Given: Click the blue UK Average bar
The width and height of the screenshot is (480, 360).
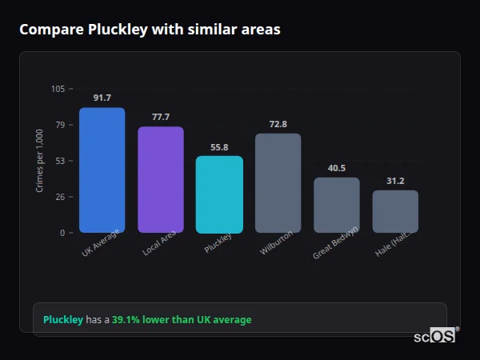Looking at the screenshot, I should (102, 170).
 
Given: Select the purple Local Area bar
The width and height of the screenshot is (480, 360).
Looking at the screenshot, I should (160, 180).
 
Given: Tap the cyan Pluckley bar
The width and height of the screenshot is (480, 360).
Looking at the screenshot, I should (219, 194).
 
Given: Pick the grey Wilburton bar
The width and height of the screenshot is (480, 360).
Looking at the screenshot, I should (278, 183).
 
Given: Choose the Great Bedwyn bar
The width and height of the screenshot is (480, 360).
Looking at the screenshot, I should (337, 205).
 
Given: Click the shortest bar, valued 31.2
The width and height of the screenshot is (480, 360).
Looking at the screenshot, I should (395, 211).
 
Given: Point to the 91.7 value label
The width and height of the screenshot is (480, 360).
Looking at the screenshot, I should (102, 98).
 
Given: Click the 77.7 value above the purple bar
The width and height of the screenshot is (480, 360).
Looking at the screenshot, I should (160, 117).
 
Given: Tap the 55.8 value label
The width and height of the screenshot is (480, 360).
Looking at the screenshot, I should (219, 147).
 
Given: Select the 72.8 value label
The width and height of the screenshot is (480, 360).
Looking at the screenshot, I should (278, 124).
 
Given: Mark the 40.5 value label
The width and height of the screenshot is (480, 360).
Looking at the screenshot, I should (337, 168).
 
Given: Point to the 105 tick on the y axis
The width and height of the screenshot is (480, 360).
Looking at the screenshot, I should (58, 89).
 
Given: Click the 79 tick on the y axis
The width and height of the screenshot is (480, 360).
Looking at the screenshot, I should (60, 125).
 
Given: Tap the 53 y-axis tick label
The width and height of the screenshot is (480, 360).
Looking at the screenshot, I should (60, 161).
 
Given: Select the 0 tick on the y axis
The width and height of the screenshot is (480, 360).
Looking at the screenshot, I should (62, 233).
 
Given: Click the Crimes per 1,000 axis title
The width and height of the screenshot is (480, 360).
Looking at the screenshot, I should (39, 161).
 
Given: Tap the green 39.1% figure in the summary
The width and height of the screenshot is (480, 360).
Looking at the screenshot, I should (126, 320).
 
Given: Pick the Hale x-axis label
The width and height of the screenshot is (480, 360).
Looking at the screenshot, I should (393, 247).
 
